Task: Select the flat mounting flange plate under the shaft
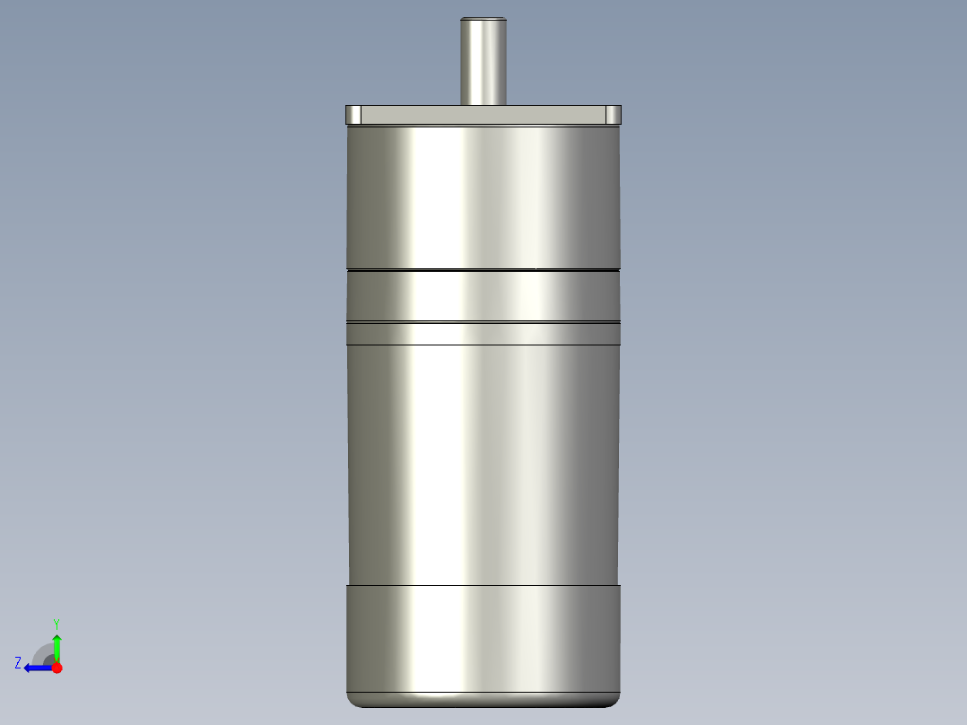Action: [483, 115]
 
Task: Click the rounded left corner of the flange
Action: [353, 115]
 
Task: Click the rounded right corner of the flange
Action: [614, 115]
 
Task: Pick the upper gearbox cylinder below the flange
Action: [483, 197]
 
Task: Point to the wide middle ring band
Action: [483, 295]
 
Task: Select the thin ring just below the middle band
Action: [483, 334]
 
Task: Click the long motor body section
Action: [483, 462]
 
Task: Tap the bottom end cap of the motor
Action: [483, 637]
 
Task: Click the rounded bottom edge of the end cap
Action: [483, 701]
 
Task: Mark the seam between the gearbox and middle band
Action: [483, 269]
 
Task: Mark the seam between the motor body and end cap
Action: [483, 584]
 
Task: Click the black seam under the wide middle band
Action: [483, 322]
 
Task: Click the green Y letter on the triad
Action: [56, 623]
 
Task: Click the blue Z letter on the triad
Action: [18, 662]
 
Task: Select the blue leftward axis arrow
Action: [36, 668]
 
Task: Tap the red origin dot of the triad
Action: [57, 668]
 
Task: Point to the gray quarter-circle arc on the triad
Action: [42, 651]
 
